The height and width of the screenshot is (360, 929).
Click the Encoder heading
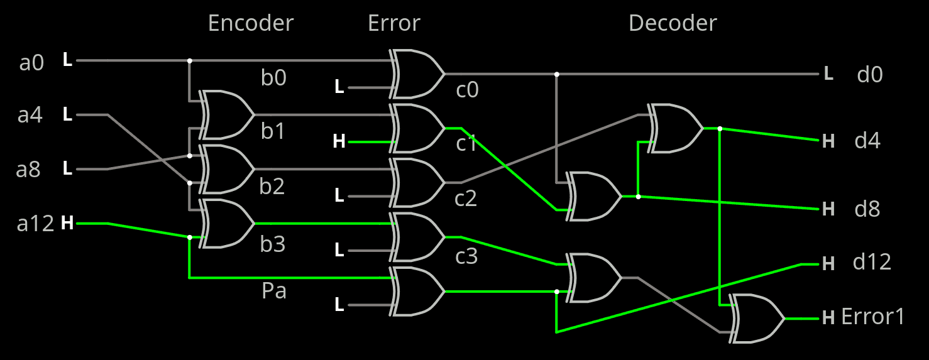coord(250,23)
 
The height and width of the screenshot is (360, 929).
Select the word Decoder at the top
coord(672,23)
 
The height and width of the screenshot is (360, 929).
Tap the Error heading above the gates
coord(393,23)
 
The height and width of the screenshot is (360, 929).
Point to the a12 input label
coord(35,224)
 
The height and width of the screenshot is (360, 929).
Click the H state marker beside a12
coord(67,223)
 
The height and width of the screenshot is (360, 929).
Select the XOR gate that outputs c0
coord(417,74)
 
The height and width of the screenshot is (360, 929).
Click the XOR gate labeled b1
coord(226,114)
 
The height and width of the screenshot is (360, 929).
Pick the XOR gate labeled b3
coord(226,223)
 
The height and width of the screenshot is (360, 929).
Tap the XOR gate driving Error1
coord(757,318)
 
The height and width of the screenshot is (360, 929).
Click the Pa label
coord(274,291)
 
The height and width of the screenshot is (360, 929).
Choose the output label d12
coord(872,261)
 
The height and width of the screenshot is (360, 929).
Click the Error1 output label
coord(873,317)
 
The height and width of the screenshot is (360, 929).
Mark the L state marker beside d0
coord(828,74)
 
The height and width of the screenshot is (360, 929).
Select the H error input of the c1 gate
coord(339,142)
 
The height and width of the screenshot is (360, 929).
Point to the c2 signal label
coord(466,199)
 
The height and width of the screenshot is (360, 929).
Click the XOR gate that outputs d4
coord(675,128)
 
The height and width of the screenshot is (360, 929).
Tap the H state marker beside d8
coord(828,209)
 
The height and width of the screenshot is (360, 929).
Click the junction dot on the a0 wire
coord(189,61)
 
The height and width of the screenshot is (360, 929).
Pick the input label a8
coord(29,170)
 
